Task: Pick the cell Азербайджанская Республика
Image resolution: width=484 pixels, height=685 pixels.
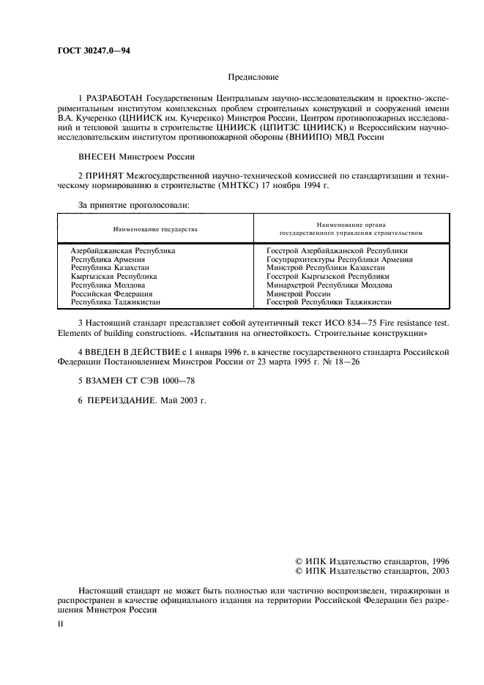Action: click(x=123, y=251)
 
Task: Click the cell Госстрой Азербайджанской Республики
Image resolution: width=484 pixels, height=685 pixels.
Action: click(x=337, y=251)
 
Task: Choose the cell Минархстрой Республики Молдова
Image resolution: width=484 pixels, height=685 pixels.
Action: click(x=330, y=285)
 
